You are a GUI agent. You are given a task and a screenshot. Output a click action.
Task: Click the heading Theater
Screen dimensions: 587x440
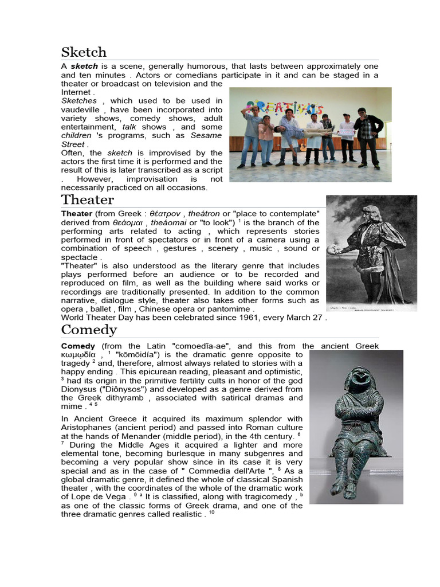click(88, 200)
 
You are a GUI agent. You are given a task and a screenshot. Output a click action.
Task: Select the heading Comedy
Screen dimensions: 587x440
click(89, 330)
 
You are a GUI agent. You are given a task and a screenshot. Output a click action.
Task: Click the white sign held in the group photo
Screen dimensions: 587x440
click(345, 132)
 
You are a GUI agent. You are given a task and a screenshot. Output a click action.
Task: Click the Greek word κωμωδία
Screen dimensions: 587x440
click(80, 354)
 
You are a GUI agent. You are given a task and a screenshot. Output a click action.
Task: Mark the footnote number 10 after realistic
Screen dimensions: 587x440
click(211, 512)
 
